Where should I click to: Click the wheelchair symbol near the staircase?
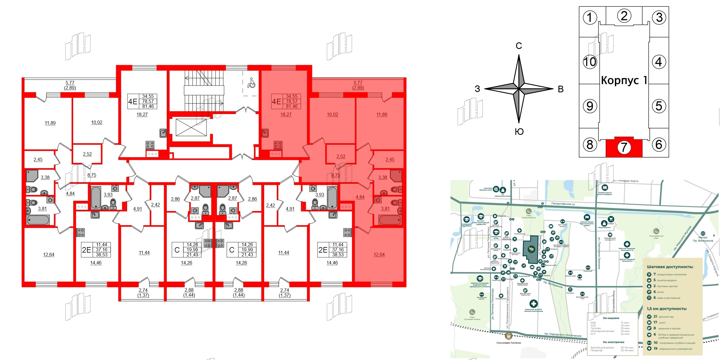[251, 83]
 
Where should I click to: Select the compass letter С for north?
[519, 46]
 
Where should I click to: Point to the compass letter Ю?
[519, 132]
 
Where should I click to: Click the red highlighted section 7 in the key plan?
[624, 147]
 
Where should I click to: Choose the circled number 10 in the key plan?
[590, 62]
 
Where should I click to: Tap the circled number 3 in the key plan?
[659, 18]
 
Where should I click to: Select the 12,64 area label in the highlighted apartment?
[379, 255]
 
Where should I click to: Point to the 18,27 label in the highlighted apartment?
[286, 114]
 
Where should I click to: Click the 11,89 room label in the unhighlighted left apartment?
[50, 123]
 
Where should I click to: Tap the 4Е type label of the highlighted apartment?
[276, 101]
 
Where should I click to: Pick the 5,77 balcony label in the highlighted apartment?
[358, 83]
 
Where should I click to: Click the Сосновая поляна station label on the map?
[509, 343]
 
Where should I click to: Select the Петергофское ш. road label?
[563, 204]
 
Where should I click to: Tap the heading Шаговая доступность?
[670, 267]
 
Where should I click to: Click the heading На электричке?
[613, 342]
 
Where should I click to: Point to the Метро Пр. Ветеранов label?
[703, 239]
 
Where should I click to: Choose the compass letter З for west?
[477, 89]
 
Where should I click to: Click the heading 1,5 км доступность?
[667, 309]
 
